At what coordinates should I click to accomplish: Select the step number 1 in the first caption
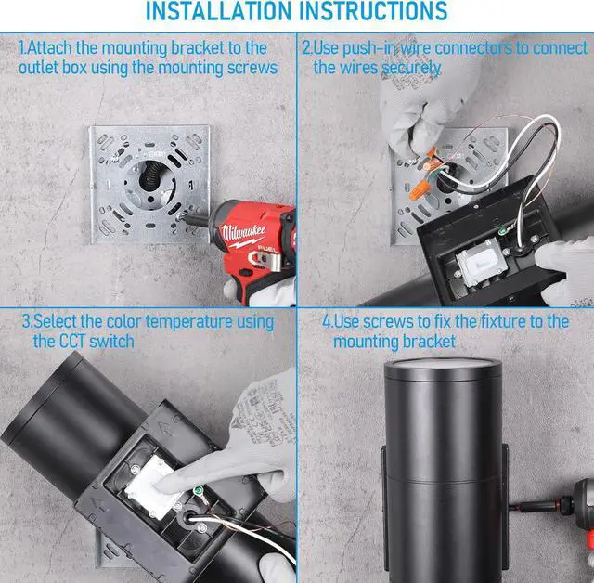[22, 48]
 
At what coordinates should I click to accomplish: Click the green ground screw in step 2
[503, 230]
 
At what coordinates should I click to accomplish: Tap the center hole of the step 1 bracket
[150, 176]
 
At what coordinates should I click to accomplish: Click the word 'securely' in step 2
[410, 69]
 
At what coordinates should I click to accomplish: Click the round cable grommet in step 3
[187, 518]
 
